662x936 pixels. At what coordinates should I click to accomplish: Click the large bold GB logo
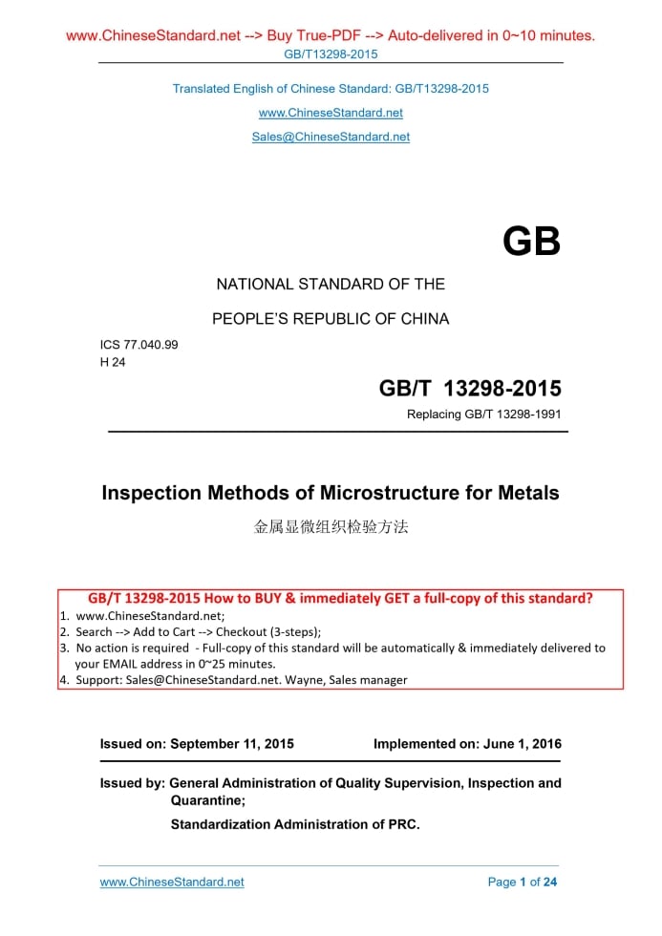[x=531, y=242]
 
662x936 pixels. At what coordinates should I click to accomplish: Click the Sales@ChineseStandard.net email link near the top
[x=331, y=137]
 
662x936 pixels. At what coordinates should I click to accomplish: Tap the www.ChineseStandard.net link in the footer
[x=172, y=882]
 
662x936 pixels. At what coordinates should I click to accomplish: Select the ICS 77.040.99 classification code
[x=139, y=345]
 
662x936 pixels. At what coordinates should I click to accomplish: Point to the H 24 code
[x=113, y=362]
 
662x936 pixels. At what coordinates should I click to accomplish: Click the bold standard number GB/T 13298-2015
[x=470, y=388]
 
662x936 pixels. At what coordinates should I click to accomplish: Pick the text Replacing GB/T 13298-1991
[x=484, y=415]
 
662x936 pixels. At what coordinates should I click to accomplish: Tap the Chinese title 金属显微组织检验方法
[x=331, y=525]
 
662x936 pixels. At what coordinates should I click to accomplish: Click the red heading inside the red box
[x=340, y=599]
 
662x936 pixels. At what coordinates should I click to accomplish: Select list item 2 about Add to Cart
[x=198, y=631]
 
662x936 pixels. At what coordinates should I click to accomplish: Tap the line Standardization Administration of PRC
[x=295, y=824]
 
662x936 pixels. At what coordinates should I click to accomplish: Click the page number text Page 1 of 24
[x=522, y=882]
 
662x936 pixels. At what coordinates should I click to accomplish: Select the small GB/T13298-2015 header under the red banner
[x=331, y=53]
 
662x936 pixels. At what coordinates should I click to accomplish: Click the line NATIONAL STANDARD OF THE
[x=331, y=284]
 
